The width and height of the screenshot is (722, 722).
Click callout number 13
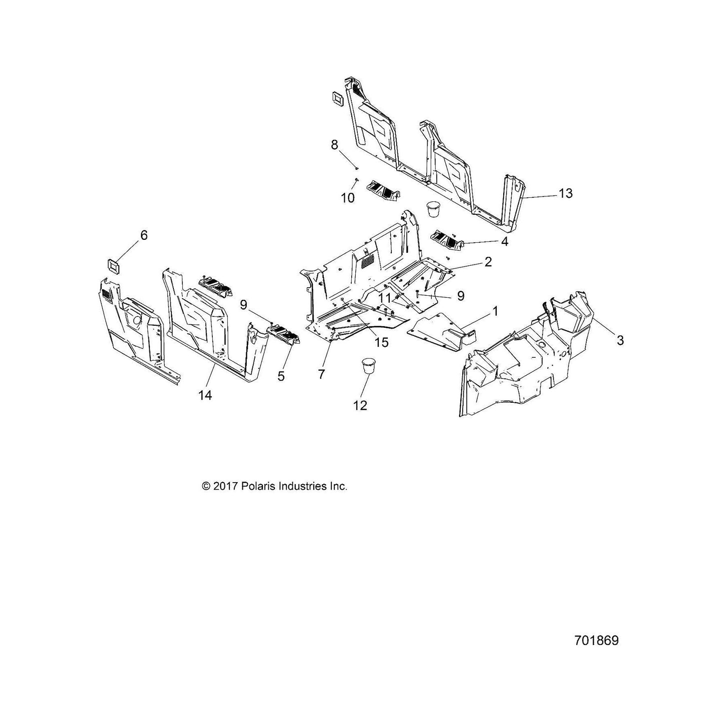566,193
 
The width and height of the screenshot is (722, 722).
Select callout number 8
334,144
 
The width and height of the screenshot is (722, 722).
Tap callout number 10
348,198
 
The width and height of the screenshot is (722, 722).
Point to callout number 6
144,235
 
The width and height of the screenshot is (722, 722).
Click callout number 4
504,242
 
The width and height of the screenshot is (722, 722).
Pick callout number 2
488,261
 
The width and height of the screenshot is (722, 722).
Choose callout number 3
620,340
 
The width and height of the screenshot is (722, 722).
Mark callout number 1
495,311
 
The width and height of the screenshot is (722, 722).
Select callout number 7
321,374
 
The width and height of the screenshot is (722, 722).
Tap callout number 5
281,376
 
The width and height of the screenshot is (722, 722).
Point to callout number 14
205,395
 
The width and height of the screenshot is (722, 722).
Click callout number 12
360,405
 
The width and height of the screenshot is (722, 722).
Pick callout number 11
384,298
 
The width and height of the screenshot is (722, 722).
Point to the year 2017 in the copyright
225,486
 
